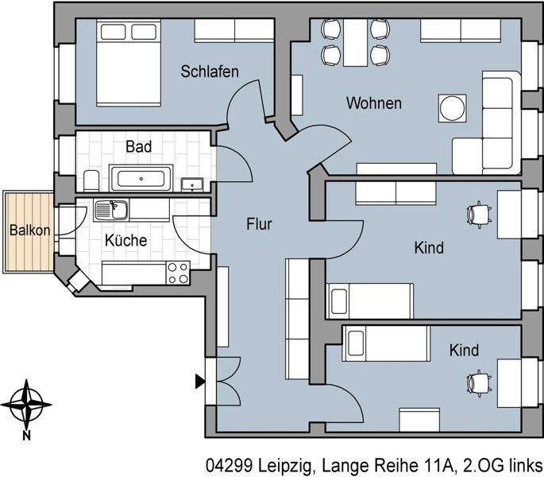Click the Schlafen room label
(210, 72)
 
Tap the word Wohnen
(373, 103)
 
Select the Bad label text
(138, 147)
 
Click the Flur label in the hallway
(259, 225)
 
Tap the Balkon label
(29, 231)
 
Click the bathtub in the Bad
(141, 178)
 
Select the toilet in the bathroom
(90, 179)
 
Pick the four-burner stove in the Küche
(178, 273)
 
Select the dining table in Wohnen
(356, 43)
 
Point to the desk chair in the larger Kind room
(478, 213)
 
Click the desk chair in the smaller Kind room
(478, 382)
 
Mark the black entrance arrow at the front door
(199, 382)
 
